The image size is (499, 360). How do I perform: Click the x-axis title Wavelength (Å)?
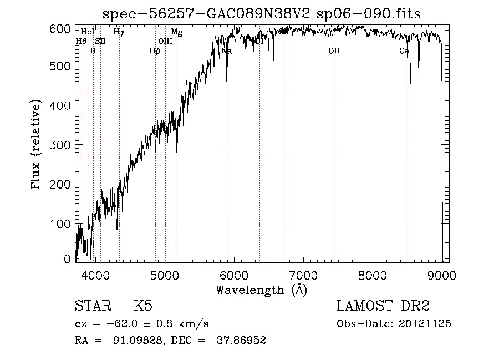click(261, 290)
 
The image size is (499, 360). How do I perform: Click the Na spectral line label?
click(226, 51)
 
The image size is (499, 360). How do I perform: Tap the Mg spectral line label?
click(176, 32)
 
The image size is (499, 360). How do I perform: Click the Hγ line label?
click(119, 32)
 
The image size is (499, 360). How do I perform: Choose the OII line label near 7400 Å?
click(334, 51)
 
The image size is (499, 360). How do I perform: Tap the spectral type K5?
click(143, 306)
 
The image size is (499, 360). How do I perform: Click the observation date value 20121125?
click(425, 324)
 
